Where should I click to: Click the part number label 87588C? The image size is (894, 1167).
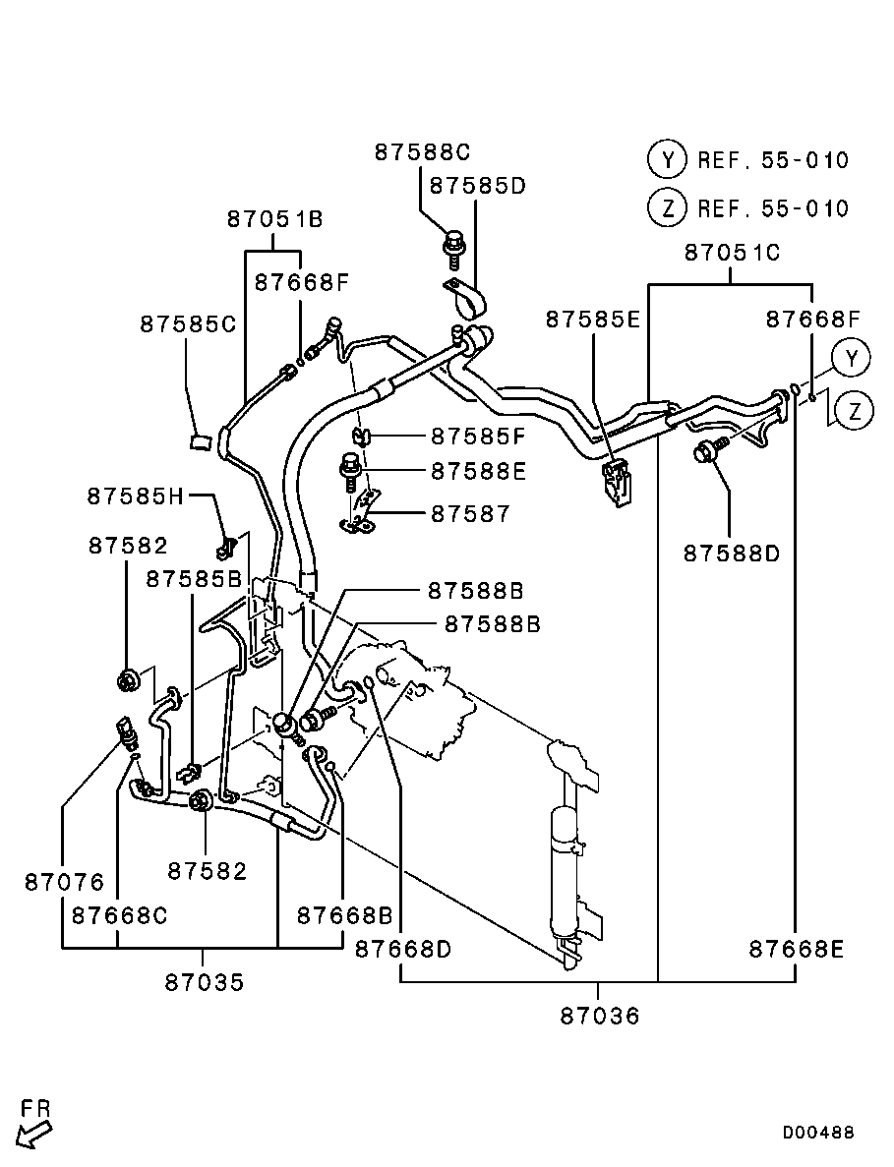tap(422, 152)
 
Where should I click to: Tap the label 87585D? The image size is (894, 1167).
tap(478, 185)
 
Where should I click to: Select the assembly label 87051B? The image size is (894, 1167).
tap(275, 219)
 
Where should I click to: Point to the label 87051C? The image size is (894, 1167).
tap(732, 253)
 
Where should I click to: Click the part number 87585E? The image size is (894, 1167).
tap(593, 320)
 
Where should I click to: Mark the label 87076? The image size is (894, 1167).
tap(64, 883)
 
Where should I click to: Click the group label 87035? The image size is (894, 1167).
tap(205, 982)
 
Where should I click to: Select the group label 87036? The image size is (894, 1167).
tap(600, 1016)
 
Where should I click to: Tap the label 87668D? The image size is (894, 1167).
tap(402, 949)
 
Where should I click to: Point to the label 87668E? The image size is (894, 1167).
tap(796, 949)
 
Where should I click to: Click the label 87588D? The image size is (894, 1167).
tap(732, 554)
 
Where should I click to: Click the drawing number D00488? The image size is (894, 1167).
tap(818, 1132)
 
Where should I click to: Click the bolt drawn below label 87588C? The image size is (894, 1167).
tap(453, 247)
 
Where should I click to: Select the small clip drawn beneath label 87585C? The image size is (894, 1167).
tap(201, 439)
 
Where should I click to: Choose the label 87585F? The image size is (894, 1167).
tap(478, 436)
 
